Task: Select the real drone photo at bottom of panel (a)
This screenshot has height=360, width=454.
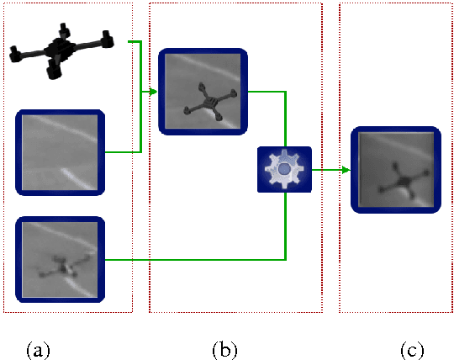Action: pos(60,260)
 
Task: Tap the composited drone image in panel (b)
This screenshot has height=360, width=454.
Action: pos(204,92)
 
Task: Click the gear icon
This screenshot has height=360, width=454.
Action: pos(284,169)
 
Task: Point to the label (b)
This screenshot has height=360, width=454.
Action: pos(224,349)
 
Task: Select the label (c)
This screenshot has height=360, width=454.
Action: pos(411,349)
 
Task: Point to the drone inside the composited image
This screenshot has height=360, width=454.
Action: pos(208,102)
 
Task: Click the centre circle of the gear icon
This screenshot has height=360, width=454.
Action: pos(284,169)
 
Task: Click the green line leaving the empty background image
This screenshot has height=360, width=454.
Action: pos(122,153)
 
